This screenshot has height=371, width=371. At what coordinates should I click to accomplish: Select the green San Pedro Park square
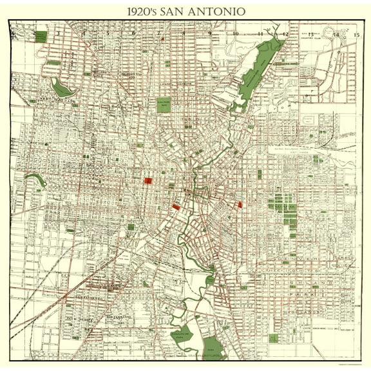pos(164,104)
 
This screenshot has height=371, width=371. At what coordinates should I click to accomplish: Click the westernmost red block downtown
pos(147,181)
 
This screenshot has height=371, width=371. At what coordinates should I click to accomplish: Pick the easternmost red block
pos(240,205)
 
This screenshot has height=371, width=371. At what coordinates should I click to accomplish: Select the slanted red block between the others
pos(176,207)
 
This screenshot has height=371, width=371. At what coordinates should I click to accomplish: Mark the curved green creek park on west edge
pos(35,178)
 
